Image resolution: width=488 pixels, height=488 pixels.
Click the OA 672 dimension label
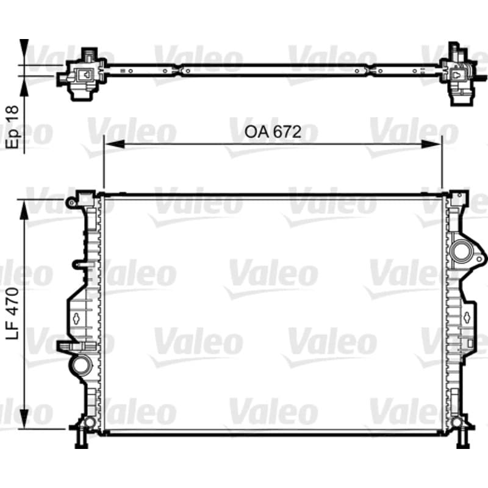273,132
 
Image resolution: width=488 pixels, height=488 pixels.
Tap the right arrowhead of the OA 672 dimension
431,144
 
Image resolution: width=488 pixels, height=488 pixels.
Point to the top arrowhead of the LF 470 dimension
24,210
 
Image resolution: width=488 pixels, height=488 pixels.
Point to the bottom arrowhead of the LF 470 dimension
24,418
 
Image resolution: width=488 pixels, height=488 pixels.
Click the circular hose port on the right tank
462,251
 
